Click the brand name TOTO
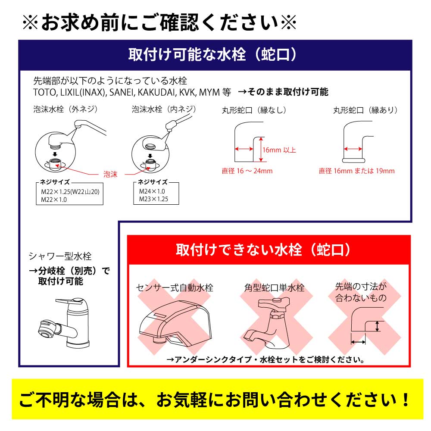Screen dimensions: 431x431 (x=43, y=92)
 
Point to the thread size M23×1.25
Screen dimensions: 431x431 (x=153, y=199)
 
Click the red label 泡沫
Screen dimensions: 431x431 (x=111, y=175)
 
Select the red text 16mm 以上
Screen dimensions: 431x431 (x=279, y=150)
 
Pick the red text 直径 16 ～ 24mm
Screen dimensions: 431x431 (x=247, y=171)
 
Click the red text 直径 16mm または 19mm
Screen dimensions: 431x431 (x=356, y=171)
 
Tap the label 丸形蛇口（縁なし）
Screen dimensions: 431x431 (x=253, y=110)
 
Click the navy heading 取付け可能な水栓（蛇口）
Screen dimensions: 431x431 (x=214, y=55)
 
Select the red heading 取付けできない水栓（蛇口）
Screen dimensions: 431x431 (x=269, y=250)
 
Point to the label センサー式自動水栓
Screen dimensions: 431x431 (x=175, y=287)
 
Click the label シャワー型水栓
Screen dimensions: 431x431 (x=60, y=256)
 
